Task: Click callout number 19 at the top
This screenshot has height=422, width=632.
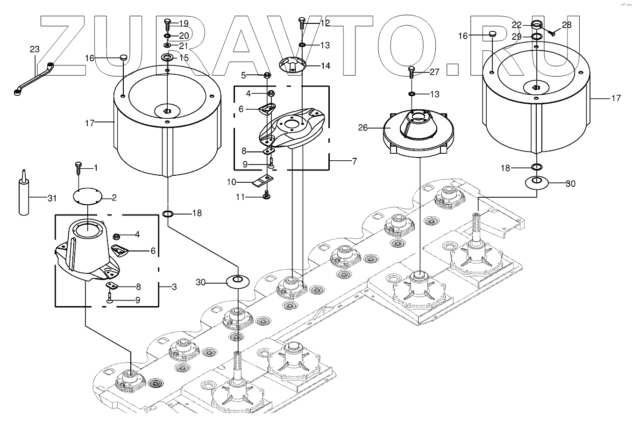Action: coord(183,23)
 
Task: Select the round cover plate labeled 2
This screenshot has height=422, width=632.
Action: coord(88,196)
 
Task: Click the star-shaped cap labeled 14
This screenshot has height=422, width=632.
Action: coord(292,65)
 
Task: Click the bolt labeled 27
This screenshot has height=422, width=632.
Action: coord(412,73)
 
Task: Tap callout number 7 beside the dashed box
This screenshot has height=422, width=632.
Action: coord(354,162)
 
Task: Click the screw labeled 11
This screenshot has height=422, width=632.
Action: coord(267,195)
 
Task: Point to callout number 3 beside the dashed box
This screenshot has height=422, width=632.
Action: coord(174,287)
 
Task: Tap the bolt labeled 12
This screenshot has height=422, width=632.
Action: coord(302,21)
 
